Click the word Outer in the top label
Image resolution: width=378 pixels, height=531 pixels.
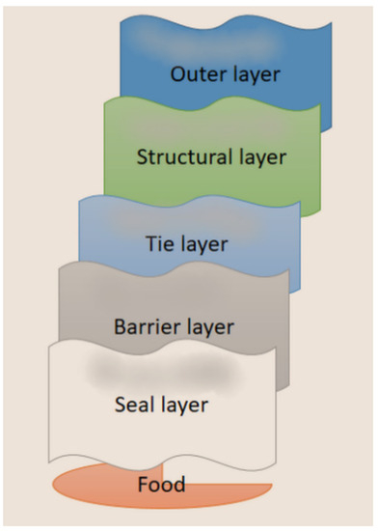pos(196,73)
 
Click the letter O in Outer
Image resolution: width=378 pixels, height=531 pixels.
pos(177,73)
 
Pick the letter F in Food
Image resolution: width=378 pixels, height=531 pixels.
pos(141,483)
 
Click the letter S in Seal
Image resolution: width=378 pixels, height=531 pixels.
pos(120,405)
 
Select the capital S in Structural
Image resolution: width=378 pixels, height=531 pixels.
pos(143,156)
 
